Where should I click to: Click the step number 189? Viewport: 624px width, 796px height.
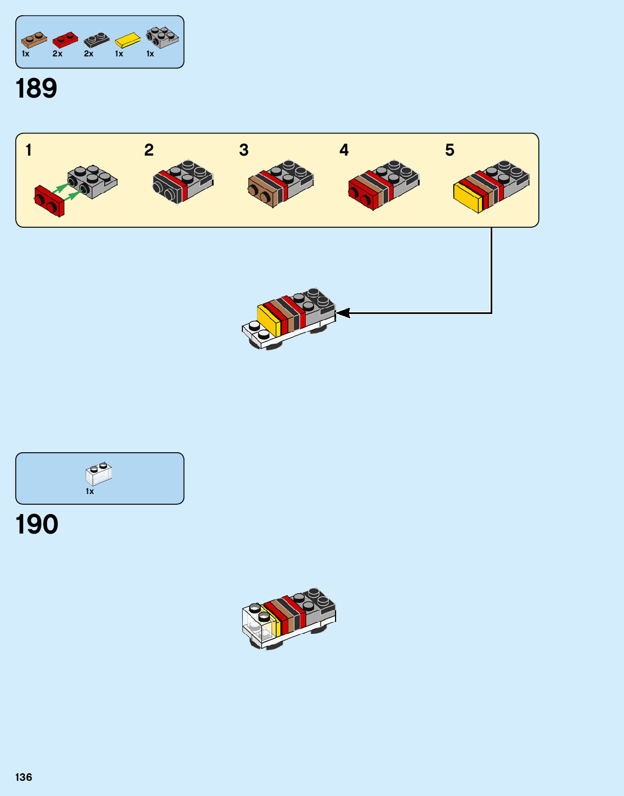pos(36,88)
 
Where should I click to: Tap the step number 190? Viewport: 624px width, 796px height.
pos(37,524)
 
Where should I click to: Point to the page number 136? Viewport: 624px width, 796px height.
pos(24,777)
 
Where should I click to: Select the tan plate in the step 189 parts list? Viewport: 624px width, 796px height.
pos(34,40)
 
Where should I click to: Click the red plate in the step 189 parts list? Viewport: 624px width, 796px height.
pos(65,40)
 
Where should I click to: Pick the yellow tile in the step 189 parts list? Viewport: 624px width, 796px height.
pos(127,40)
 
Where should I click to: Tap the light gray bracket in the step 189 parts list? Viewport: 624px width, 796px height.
pos(162,37)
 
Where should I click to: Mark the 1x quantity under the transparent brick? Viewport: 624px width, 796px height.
pos(89,491)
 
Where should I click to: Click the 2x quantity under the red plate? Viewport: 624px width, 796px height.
pos(57,54)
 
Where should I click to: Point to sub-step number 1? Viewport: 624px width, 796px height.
pos(29,150)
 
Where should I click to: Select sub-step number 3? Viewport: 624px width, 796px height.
pos(244,150)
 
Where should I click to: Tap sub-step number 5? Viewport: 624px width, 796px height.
pos(449,150)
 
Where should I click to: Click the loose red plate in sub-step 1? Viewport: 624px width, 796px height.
pos(49,201)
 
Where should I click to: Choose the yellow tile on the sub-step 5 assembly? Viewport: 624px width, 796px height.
pos(468,197)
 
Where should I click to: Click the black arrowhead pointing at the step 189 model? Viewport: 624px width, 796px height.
pos(343,313)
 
